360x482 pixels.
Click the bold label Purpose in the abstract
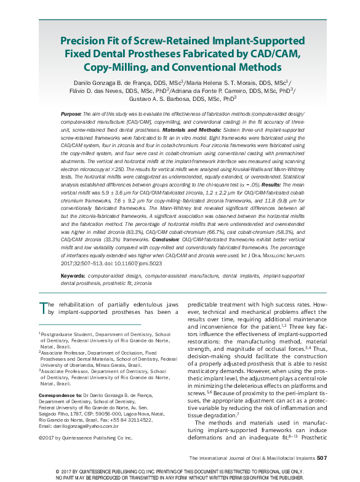click(89, 115)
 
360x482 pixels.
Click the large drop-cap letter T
click(43, 306)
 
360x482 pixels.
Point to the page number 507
click(324, 458)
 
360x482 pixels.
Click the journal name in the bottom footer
click(252, 459)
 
